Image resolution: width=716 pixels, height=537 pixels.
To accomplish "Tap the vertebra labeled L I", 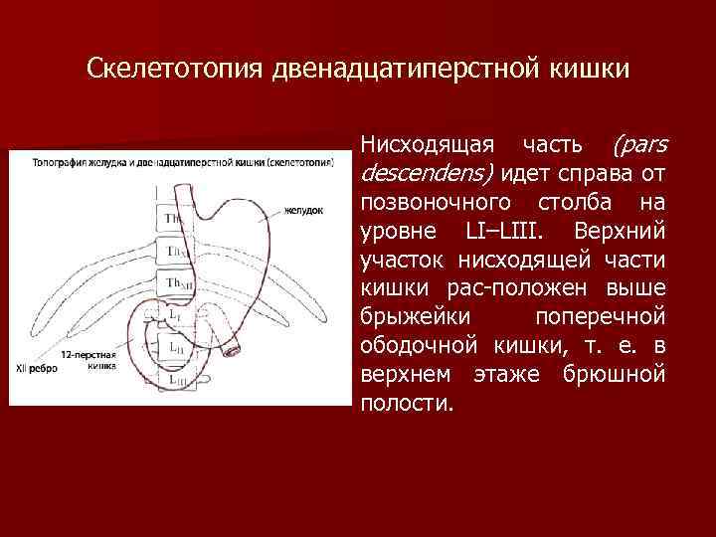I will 175,315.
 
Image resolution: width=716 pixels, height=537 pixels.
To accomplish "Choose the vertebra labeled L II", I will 175,347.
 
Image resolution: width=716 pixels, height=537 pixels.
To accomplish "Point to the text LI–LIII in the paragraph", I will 510,232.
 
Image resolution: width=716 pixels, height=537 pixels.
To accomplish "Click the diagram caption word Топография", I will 59,160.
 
